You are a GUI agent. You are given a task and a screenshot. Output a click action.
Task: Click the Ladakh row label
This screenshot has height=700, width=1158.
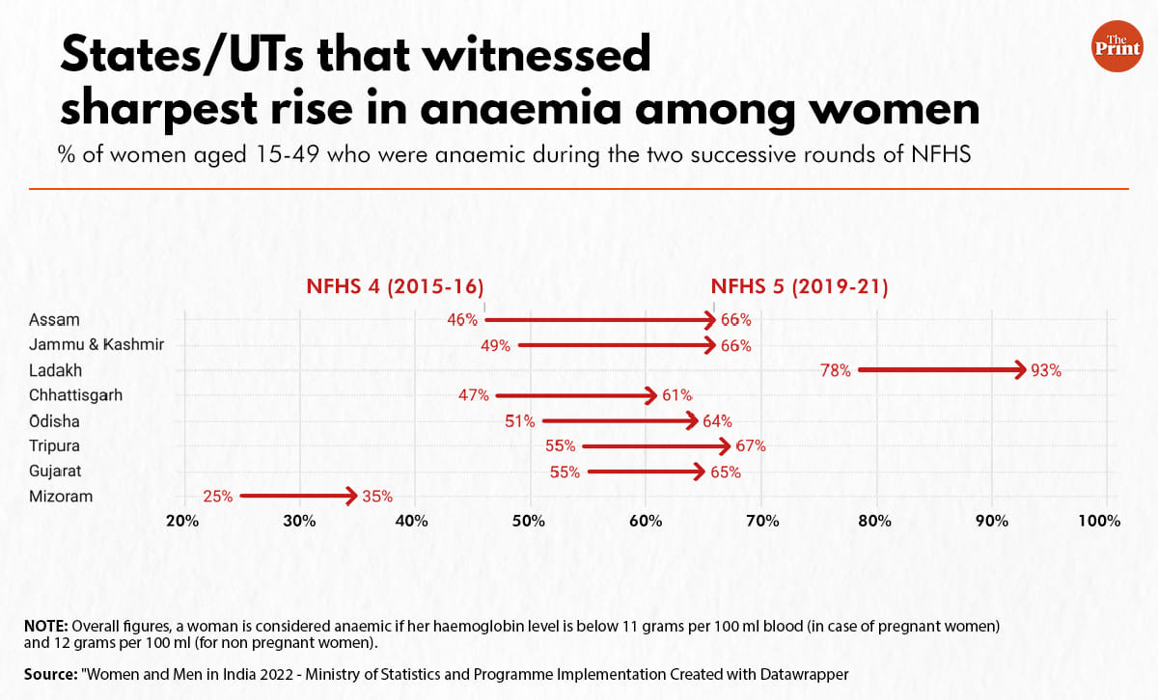[x=55, y=370]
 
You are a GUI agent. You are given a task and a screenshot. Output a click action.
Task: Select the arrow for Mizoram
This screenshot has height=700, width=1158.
[x=298, y=497]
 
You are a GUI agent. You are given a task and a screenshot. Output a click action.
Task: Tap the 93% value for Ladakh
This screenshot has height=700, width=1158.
[x=1045, y=370]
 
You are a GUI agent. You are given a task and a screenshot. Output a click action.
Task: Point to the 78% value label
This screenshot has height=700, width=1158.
[x=836, y=370]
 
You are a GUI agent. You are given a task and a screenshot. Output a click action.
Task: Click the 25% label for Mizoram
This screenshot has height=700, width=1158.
[x=217, y=498]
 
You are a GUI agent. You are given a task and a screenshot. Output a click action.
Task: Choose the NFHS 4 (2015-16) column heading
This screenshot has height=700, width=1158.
[x=395, y=286]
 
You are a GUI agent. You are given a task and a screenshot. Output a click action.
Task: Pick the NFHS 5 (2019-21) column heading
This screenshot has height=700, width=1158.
[x=799, y=286]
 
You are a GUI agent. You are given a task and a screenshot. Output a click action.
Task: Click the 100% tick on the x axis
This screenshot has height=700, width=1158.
[x=1099, y=521]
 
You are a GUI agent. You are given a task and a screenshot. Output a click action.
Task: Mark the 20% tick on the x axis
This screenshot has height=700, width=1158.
[x=183, y=521]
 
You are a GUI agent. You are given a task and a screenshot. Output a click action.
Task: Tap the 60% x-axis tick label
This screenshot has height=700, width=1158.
[x=646, y=521]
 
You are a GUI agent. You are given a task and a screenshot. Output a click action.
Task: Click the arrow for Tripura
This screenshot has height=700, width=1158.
[x=656, y=446]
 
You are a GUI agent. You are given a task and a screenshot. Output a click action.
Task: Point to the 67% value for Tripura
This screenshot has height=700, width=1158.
[x=750, y=446]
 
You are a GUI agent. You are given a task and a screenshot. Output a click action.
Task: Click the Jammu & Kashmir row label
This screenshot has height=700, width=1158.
[x=96, y=344]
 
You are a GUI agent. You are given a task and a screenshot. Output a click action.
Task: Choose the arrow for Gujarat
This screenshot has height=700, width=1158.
[x=646, y=471]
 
